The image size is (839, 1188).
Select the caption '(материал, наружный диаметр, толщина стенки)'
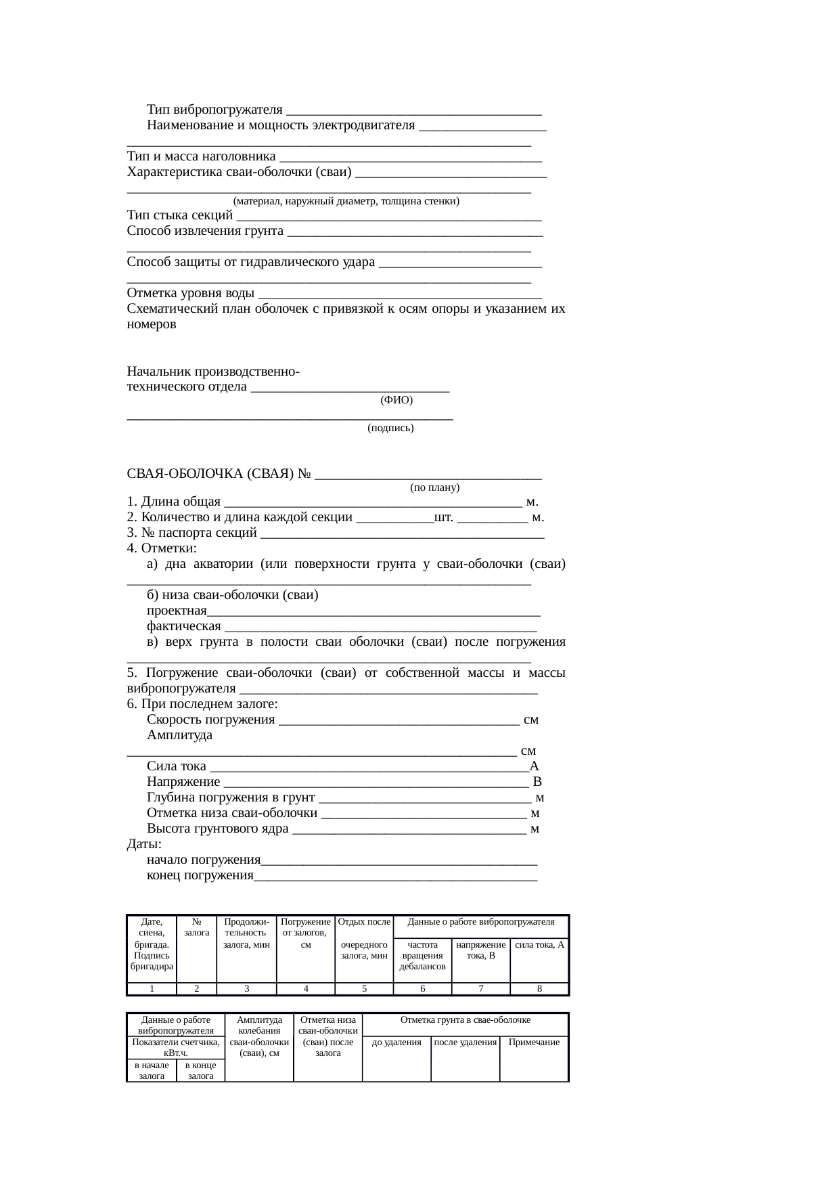point(346,201)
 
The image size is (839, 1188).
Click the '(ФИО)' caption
point(396,400)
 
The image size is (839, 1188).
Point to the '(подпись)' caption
point(390,428)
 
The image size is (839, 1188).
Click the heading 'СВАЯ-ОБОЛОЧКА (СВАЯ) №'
point(219,473)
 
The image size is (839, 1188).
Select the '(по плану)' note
point(434,487)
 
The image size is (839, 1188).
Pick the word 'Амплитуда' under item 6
point(179,735)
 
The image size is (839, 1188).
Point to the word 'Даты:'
point(144,845)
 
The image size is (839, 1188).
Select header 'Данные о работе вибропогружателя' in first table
point(481,922)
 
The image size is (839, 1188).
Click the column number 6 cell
point(422,989)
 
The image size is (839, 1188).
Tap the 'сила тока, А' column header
point(539,945)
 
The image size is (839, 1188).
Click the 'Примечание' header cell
point(534,1042)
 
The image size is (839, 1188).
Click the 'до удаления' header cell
point(396,1042)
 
